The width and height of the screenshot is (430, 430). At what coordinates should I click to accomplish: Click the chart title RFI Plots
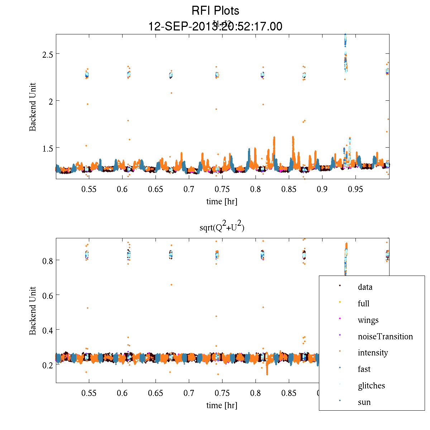[x=215, y=11]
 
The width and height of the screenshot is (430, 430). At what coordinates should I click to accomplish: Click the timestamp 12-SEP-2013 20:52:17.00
[x=215, y=27]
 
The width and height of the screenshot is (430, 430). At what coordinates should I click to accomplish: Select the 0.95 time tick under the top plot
[x=355, y=189]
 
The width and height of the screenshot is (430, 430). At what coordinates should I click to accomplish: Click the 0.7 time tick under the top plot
[x=189, y=189]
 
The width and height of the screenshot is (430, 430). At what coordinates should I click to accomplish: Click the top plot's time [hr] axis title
[x=222, y=201]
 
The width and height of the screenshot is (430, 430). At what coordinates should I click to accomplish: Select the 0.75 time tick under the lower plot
[x=222, y=393]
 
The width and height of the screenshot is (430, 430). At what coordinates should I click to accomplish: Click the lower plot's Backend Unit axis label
[x=33, y=311]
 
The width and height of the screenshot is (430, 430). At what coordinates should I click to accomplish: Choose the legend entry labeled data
[x=365, y=287]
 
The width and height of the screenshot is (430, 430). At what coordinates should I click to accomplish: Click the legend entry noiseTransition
[x=385, y=336]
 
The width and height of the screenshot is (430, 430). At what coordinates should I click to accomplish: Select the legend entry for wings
[x=368, y=320]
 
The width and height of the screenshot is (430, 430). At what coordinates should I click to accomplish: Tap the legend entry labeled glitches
[x=371, y=386]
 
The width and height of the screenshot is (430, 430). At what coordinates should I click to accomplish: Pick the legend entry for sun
[x=364, y=402]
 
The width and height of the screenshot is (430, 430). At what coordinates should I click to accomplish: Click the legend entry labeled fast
[x=364, y=369]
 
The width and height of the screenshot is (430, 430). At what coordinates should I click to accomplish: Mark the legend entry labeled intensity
[x=373, y=353]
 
